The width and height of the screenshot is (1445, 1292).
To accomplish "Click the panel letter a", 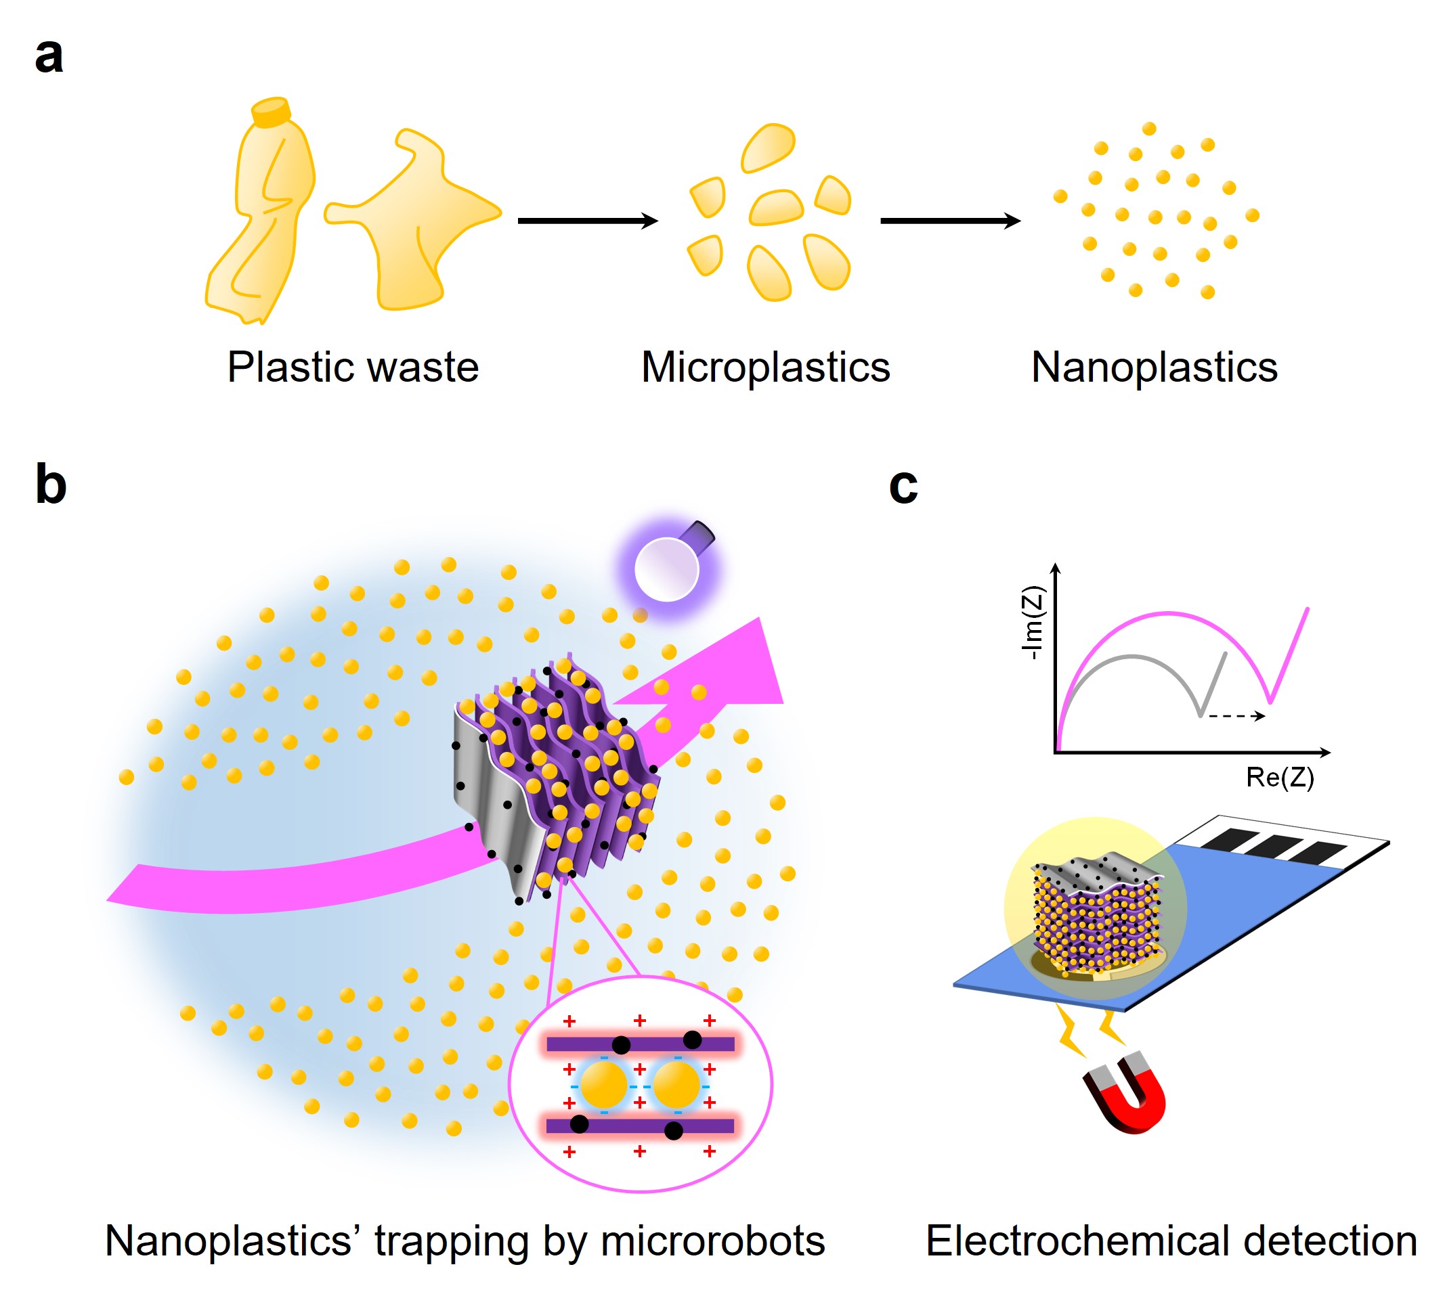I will click(48, 57).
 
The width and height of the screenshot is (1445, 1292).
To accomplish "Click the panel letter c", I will click(903, 487).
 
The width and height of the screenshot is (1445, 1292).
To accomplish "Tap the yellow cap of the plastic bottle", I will click(271, 112).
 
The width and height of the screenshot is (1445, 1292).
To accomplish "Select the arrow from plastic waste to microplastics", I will click(587, 221).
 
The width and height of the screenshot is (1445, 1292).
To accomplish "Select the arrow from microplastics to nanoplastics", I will click(949, 221).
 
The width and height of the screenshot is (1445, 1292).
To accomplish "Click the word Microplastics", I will click(764, 367).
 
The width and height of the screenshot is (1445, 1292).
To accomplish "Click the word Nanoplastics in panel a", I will click(1154, 367).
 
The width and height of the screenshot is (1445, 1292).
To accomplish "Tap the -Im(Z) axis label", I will click(1033, 623).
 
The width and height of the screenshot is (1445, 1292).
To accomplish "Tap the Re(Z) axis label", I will click(1280, 778).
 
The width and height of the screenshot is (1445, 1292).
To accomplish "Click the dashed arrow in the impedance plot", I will click(1236, 715).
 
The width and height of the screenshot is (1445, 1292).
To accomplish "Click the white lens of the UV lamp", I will click(666, 569).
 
